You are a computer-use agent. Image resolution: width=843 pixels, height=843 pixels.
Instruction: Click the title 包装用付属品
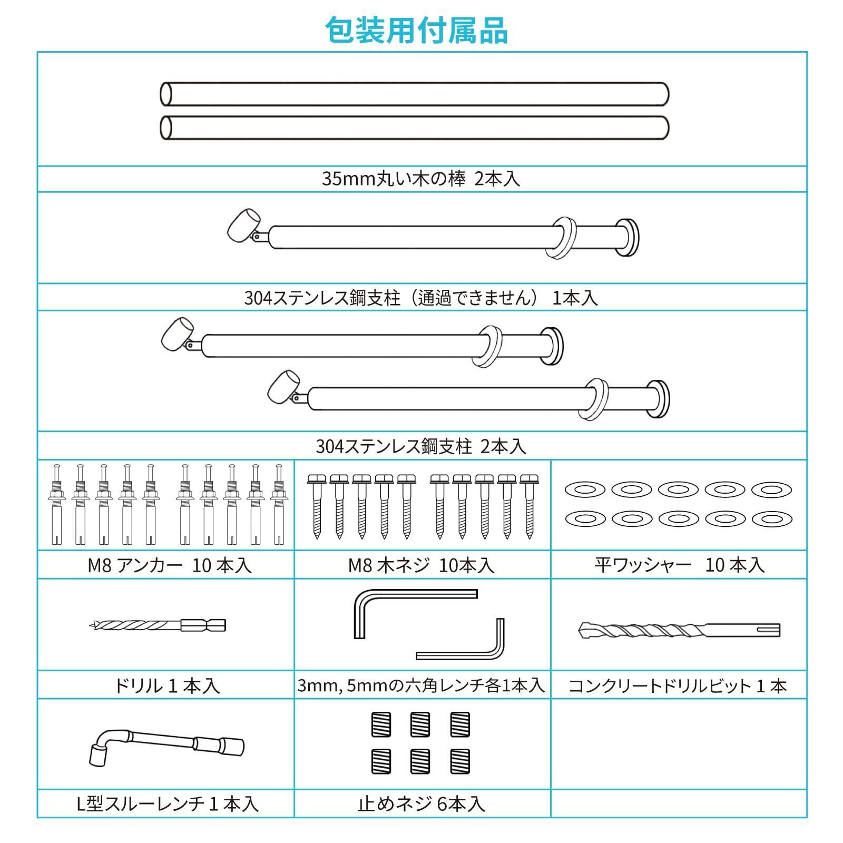416,31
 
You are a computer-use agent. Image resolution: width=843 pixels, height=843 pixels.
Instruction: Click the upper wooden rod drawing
414,94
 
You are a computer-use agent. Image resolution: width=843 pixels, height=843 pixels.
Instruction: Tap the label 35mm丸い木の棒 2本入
421,179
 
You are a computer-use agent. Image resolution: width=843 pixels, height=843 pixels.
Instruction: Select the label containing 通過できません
421,298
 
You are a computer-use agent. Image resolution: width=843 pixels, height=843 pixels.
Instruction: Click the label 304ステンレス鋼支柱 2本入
421,447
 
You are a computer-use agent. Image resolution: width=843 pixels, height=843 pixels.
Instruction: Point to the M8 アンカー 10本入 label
169,565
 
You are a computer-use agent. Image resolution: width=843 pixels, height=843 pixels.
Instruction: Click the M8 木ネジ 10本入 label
421,565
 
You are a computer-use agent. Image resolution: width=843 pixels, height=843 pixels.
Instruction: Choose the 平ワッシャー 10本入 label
679,565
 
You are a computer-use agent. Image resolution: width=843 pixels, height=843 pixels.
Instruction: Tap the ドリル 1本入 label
166,685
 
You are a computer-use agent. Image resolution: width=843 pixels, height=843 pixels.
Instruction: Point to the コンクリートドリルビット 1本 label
678,686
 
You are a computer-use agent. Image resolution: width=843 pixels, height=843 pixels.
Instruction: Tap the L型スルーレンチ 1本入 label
167,804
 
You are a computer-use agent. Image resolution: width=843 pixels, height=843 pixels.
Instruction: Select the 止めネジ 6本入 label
421,804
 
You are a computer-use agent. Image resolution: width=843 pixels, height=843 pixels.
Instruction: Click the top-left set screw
381,724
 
